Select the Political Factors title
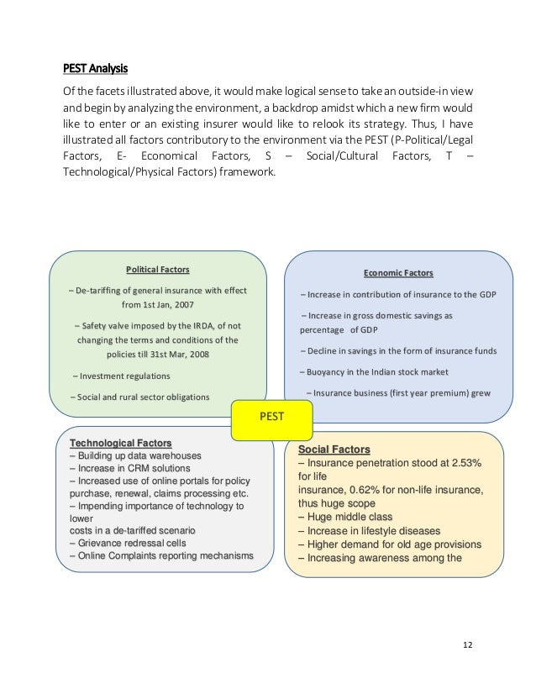click(x=157, y=271)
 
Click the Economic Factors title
click(x=398, y=273)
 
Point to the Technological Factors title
click(x=120, y=442)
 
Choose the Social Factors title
click(x=334, y=450)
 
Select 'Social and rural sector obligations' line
click(x=139, y=397)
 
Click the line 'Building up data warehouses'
click(x=134, y=455)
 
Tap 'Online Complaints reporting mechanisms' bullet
click(x=160, y=556)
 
